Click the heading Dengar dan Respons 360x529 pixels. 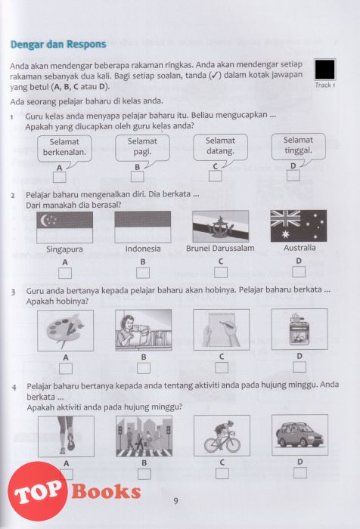(x=58, y=44)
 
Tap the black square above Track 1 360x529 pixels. (x=324, y=70)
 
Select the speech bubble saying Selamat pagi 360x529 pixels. (x=142, y=149)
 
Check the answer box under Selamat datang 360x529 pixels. (x=215, y=176)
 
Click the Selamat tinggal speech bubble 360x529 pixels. (x=298, y=148)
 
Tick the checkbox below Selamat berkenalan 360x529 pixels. (x=60, y=178)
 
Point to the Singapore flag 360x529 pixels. (x=64, y=227)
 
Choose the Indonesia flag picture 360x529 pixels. (x=142, y=227)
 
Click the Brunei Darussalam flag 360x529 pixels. (x=221, y=226)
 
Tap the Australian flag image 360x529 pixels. (x=299, y=225)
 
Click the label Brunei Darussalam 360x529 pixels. (x=220, y=249)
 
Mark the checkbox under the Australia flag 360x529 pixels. (x=299, y=271)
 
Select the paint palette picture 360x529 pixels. (x=66, y=331)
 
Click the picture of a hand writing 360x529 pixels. (x=222, y=329)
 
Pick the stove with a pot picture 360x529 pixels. (x=299, y=329)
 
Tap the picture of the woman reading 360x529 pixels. (x=144, y=330)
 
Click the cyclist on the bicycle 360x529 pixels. (x=222, y=435)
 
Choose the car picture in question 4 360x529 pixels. (x=300, y=435)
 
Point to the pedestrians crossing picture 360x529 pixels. (x=144, y=436)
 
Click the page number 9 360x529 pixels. (x=175, y=501)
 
